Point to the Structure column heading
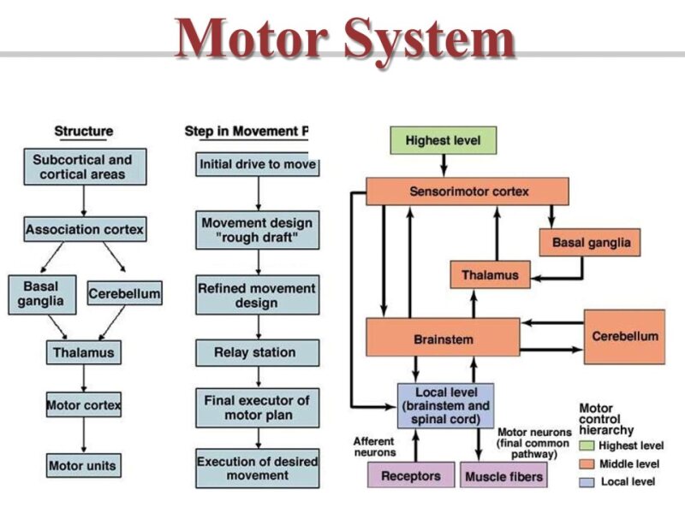(84, 131)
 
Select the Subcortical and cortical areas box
(83, 166)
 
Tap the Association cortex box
(84, 229)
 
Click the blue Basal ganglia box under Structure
(39, 293)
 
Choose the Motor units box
(83, 465)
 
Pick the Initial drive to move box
(257, 163)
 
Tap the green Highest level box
(443, 140)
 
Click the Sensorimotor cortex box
(468, 192)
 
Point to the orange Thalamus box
(490, 274)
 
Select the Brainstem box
(444, 338)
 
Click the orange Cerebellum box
(624, 336)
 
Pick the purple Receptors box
(410, 475)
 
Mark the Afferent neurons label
(374, 446)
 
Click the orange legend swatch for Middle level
(586, 463)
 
